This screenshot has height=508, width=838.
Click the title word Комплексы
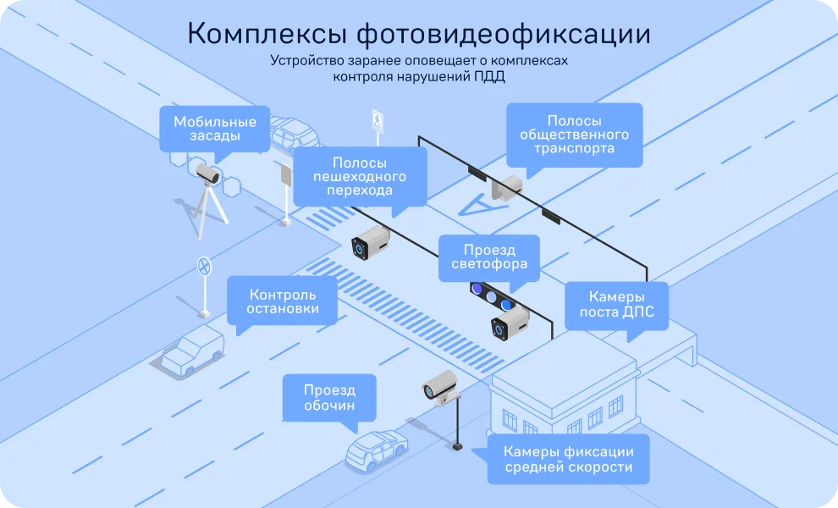point(267,34)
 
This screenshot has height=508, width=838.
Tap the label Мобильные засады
point(215,129)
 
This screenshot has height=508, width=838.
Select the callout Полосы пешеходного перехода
point(360,176)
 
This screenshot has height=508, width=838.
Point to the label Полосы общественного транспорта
point(574,135)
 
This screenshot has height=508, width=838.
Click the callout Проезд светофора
point(489,257)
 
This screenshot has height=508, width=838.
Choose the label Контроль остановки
point(282,301)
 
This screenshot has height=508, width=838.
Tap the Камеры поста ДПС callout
point(617,304)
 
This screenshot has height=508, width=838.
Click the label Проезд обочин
point(329,397)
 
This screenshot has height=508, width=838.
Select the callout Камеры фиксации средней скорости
point(569,459)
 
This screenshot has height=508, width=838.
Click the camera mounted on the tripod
point(207,174)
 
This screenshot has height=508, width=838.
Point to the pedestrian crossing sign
point(378,121)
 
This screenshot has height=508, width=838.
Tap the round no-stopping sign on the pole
point(204,266)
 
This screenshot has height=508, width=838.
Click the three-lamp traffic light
point(492,297)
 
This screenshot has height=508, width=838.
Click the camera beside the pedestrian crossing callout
point(370,242)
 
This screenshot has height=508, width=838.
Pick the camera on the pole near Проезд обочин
point(440,386)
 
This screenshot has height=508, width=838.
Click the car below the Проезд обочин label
point(376,450)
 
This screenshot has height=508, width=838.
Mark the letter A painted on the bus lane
point(477,206)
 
